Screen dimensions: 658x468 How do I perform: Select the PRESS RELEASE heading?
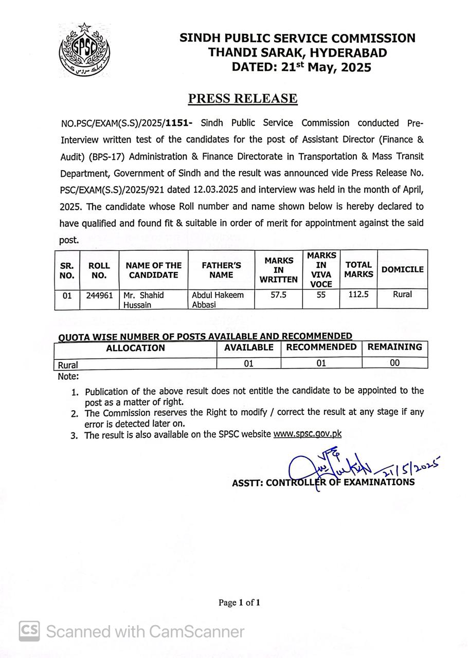pyautogui.click(x=243, y=99)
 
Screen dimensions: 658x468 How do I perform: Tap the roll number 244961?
pyautogui.click(x=99, y=296)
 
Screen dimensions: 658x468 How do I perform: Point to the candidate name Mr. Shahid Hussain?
pyautogui.click(x=143, y=300)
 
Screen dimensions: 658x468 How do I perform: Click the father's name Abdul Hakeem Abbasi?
pyautogui.click(x=218, y=300)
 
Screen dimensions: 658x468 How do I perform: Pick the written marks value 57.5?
pyautogui.click(x=278, y=295)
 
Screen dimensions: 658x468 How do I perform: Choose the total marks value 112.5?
pyautogui.click(x=358, y=295)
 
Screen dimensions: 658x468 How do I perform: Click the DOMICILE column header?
pyautogui.click(x=403, y=269)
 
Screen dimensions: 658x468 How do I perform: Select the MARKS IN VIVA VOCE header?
pyautogui.click(x=321, y=269)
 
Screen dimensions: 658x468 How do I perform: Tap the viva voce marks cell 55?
pyautogui.click(x=321, y=295)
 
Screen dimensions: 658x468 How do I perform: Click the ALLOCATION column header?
pyautogui.click(x=135, y=348)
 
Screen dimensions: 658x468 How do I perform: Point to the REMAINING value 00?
pyautogui.click(x=394, y=363)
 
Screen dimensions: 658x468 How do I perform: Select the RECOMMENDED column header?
pyautogui.click(x=321, y=347)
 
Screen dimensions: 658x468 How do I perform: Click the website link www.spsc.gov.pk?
pyautogui.click(x=307, y=434)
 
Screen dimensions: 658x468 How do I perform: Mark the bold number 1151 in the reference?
pyautogui.click(x=178, y=123)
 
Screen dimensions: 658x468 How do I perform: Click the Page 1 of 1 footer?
pyautogui.click(x=239, y=602)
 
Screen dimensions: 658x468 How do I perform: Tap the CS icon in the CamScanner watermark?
pyautogui.click(x=30, y=631)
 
